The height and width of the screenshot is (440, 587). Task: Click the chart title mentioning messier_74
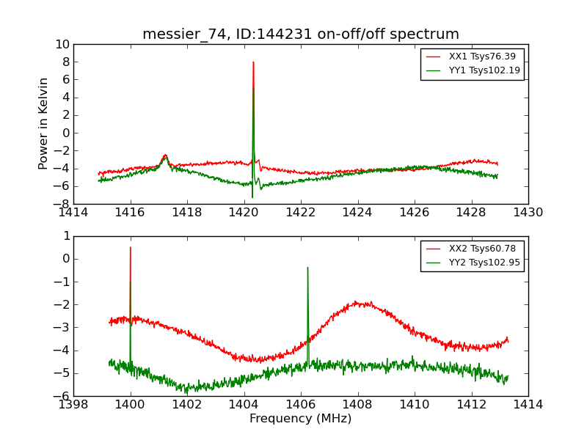(301, 34)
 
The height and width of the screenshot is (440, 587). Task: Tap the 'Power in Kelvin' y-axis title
(44, 123)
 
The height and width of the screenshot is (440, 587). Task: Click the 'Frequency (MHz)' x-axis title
(301, 419)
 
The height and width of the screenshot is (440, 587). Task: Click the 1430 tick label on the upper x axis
(528, 213)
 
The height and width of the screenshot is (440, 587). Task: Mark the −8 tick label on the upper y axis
(62, 204)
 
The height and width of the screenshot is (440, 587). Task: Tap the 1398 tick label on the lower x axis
(73, 404)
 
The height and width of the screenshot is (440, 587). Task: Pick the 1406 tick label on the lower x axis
(301, 404)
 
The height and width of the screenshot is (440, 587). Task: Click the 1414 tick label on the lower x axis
(528, 404)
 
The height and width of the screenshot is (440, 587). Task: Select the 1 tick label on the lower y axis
(65, 236)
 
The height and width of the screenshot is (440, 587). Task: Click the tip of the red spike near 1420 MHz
(253, 62)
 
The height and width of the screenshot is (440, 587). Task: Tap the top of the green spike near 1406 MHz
(307, 268)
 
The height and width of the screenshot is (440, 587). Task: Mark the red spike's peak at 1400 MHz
(131, 247)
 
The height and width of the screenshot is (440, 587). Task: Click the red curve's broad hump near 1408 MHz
(358, 302)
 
